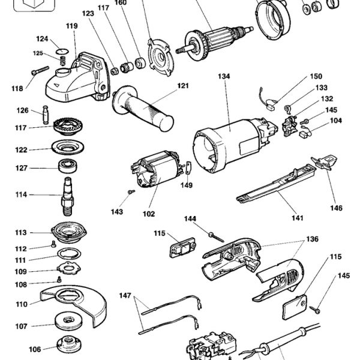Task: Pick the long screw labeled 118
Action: pyautogui.click(x=37, y=74)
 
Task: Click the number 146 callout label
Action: pyautogui.click(x=335, y=208)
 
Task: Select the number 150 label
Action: pyautogui.click(x=316, y=77)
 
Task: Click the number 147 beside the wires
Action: pyautogui.click(x=125, y=296)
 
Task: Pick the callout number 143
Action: pyautogui.click(x=117, y=212)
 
